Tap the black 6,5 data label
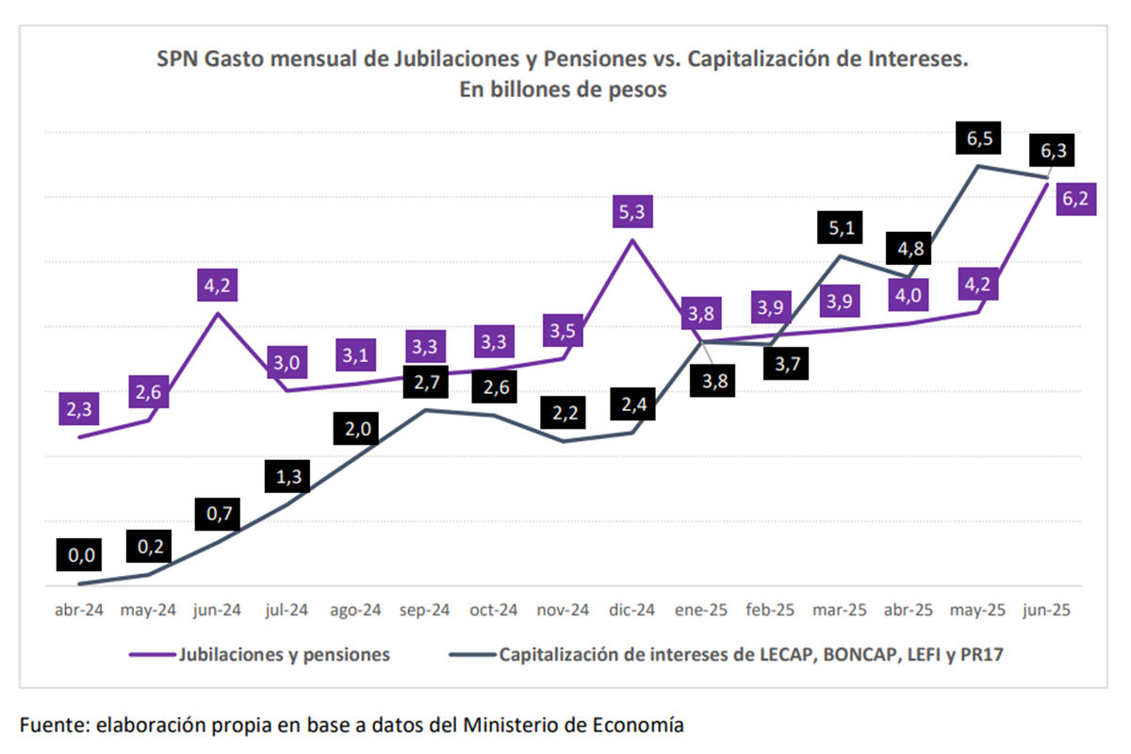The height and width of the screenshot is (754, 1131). coord(979,139)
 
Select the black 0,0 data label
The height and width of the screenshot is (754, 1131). coord(82,555)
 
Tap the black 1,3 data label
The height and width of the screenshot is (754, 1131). coord(288,477)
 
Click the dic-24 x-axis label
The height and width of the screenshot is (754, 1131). coord(631,610)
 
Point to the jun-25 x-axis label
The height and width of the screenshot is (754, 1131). coord(1047,610)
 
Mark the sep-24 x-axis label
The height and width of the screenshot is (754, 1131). coord(425,610)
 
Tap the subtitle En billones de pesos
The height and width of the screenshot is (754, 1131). coord(564,90)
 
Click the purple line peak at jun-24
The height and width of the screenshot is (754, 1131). coord(218,313)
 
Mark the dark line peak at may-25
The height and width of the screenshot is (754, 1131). coord(979,166)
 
